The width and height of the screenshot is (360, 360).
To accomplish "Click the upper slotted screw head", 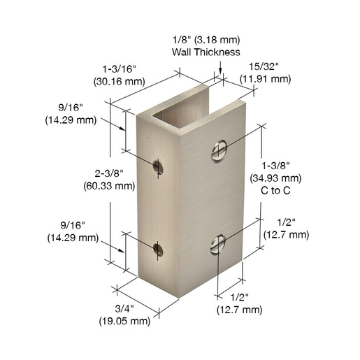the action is [x=219, y=151].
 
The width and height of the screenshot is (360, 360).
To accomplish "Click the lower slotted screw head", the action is [x=218, y=244].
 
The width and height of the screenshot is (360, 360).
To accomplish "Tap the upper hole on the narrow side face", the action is [x=158, y=167].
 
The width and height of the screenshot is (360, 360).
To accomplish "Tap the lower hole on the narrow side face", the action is [x=158, y=249].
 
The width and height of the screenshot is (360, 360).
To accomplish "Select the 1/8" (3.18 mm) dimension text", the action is [x=206, y=40].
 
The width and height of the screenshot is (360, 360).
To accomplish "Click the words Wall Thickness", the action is [x=206, y=52].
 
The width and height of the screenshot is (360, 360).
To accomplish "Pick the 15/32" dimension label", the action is [x=264, y=66].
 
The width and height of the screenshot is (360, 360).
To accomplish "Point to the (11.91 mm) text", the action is [x=266, y=79].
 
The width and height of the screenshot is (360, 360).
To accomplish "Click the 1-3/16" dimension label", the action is [x=120, y=69].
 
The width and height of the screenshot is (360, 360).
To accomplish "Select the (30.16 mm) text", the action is [x=120, y=82].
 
